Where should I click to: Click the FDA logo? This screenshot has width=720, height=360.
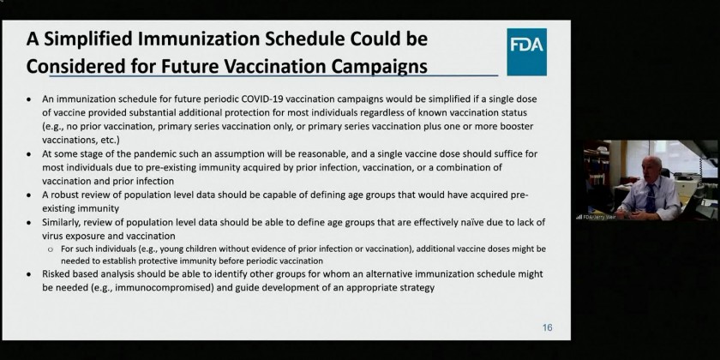pyautogui.click(x=526, y=52)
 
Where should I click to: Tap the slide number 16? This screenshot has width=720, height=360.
pyautogui.click(x=547, y=327)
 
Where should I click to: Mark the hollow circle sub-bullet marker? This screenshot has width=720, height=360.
pyautogui.click(x=51, y=249)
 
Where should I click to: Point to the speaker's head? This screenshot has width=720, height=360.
pyautogui.click(x=651, y=167)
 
